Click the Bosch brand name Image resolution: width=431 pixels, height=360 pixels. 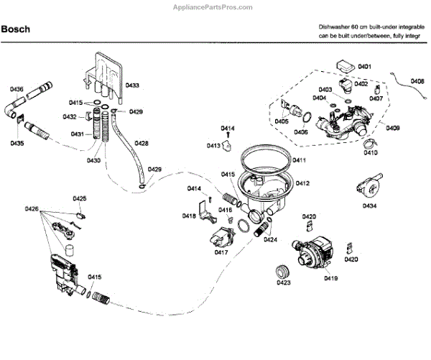17,29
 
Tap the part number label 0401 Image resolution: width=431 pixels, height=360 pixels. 364,67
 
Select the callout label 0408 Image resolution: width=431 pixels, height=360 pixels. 417,81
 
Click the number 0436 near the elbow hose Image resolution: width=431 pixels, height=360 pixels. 17,89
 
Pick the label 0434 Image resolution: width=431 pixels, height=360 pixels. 370,206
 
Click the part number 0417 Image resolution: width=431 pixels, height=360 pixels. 221,252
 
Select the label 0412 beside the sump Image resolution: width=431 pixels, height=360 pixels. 302,183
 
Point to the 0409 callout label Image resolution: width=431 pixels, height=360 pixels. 393,128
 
